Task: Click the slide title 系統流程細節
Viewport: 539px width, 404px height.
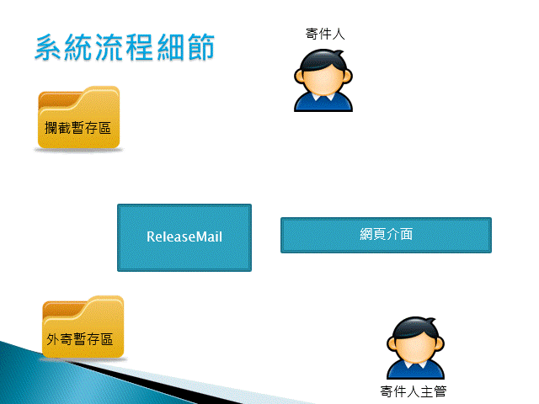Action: [x=125, y=47]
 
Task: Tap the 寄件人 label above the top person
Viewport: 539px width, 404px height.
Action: [x=325, y=34]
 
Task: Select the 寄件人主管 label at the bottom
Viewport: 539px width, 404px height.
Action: [x=414, y=391]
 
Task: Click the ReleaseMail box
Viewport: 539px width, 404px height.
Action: [x=184, y=237]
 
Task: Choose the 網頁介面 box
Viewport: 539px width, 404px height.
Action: [x=386, y=235]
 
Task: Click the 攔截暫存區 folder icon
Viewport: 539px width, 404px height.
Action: [x=78, y=118]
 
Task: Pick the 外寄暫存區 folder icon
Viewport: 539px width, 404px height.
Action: [x=83, y=327]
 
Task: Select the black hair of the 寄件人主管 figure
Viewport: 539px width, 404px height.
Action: [x=414, y=329]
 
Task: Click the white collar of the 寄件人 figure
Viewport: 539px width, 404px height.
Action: [x=323, y=98]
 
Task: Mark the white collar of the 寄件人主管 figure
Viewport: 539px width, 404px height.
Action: [x=415, y=364]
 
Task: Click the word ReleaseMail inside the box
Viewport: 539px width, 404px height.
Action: [x=184, y=237]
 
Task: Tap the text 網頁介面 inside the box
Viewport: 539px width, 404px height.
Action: [x=386, y=234]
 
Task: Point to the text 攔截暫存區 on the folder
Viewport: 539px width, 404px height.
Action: [x=77, y=128]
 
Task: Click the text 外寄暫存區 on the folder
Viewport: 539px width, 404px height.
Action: [x=80, y=339]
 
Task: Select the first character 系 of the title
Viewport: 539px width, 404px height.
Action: [x=49, y=47]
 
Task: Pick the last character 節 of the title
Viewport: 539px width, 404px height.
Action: [x=201, y=47]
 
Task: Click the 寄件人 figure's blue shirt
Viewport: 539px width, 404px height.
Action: [x=323, y=104]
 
